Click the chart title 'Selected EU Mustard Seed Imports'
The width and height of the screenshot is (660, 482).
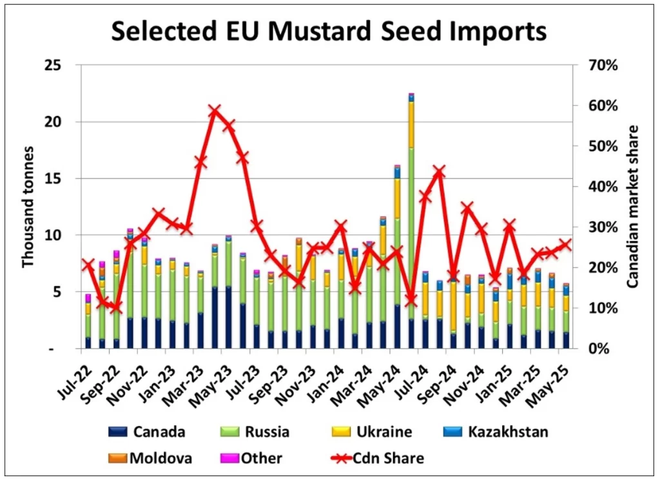coord(329,31)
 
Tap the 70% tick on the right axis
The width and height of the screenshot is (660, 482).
coord(600,65)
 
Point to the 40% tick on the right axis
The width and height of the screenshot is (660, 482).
coord(600,187)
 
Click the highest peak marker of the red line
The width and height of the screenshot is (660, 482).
coord(215,111)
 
